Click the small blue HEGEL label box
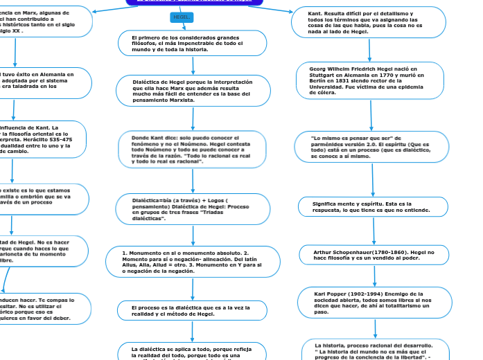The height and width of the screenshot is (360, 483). click(182, 17)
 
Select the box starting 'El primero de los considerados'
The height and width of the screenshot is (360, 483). click(192, 43)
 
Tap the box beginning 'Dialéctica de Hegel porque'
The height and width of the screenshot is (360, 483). click(192, 91)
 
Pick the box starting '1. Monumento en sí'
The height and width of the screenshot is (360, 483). click(192, 262)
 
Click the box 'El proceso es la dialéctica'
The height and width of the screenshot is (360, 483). click(192, 309)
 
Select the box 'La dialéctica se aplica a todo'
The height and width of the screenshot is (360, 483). click(192, 350)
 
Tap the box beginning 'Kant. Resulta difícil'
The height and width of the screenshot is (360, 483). click(368, 23)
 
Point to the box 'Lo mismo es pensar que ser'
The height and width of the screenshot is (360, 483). click(371, 147)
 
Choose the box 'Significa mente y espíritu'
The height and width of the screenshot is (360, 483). click(371, 206)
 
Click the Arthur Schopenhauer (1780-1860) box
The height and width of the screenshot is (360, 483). click(371, 255)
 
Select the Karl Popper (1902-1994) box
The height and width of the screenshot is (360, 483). click(371, 303)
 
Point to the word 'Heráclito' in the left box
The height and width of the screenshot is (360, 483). click(53, 139)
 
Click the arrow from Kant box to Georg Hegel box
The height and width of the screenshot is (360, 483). click(371, 49)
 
